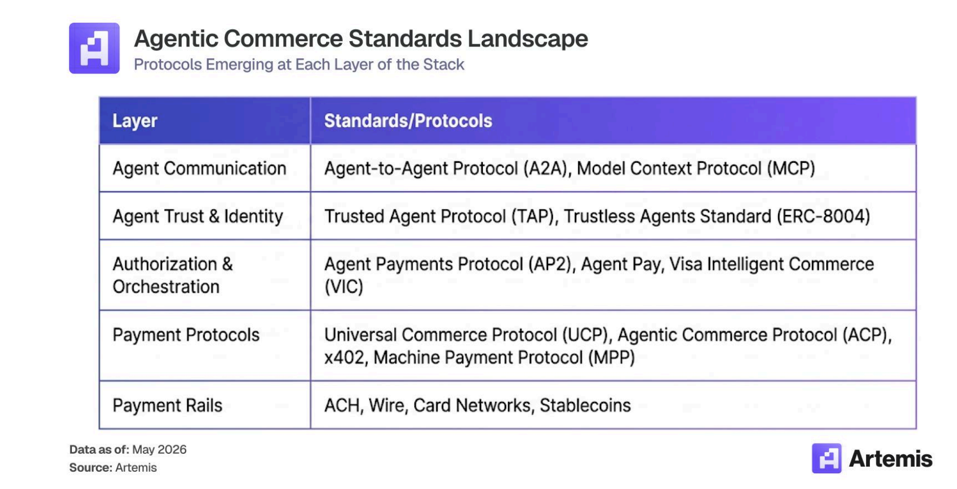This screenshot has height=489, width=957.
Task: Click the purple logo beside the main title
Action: point(94,48)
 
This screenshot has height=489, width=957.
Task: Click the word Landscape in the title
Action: point(527,39)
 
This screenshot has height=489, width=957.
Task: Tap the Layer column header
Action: point(135,121)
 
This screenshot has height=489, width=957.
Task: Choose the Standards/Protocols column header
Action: point(408,121)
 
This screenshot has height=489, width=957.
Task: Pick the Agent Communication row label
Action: point(199,168)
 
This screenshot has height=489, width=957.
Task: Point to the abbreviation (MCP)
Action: point(790,169)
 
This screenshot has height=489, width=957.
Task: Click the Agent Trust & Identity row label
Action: point(198,216)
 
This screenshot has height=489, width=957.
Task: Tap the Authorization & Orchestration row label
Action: point(172,275)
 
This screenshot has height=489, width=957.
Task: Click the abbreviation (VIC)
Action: point(344,287)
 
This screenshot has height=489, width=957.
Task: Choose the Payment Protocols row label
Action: point(186,335)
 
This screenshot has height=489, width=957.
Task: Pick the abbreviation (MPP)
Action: point(612,358)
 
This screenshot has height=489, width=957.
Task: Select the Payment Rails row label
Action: point(167,405)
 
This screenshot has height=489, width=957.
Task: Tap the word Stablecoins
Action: point(585,405)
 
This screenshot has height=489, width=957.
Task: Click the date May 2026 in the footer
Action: point(159,450)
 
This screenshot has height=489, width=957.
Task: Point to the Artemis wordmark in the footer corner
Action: point(890,459)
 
